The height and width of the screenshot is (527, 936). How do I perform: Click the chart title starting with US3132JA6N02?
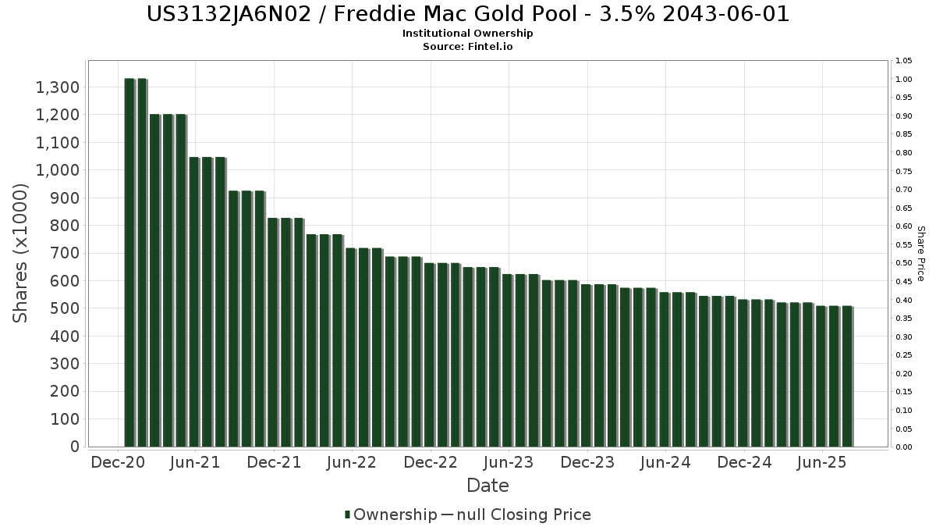point(467,14)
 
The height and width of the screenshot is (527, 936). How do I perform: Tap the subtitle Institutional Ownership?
point(467,34)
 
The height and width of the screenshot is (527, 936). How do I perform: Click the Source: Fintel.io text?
point(467,47)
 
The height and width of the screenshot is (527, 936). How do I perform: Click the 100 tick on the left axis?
point(66,419)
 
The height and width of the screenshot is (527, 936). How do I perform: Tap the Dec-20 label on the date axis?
point(118,463)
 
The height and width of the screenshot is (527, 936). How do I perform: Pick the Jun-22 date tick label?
point(353,463)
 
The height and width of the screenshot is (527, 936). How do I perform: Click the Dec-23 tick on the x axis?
point(587,463)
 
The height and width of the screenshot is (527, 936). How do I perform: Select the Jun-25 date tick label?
point(822,463)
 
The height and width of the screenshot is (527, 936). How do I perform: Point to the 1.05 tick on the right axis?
point(903,61)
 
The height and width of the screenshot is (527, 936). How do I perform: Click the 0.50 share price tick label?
point(903,263)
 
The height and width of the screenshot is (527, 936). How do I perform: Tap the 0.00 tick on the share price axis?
point(903,447)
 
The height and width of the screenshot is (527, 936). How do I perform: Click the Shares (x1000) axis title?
point(21,253)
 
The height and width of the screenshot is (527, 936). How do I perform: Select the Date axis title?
point(487,486)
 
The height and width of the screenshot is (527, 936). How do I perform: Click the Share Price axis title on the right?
point(920,253)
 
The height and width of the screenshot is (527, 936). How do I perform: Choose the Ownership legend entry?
point(391,515)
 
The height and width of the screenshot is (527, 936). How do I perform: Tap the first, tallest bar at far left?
point(129,262)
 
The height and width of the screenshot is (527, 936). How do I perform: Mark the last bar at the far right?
point(847,376)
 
